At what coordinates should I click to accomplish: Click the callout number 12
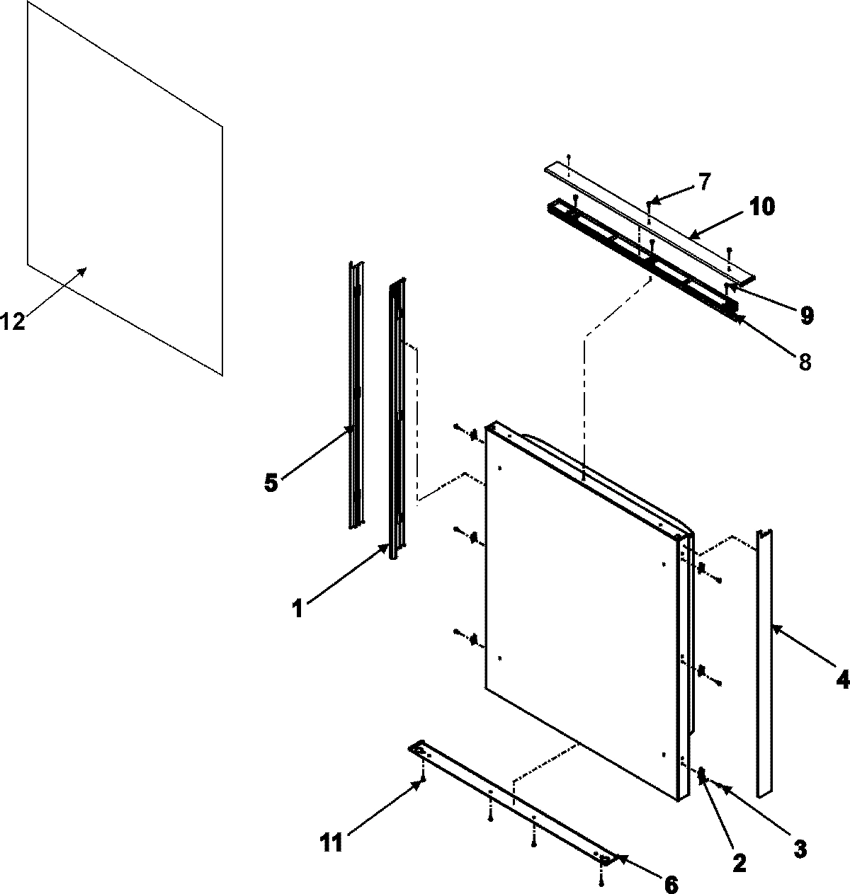13,321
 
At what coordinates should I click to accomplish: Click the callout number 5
270,483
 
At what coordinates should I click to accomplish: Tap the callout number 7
703,182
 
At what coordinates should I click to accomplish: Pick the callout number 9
806,316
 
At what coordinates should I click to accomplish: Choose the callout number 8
804,362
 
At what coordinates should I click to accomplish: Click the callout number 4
841,680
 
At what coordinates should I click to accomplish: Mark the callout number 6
670,884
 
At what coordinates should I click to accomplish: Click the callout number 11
332,843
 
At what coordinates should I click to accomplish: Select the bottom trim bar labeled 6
510,800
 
